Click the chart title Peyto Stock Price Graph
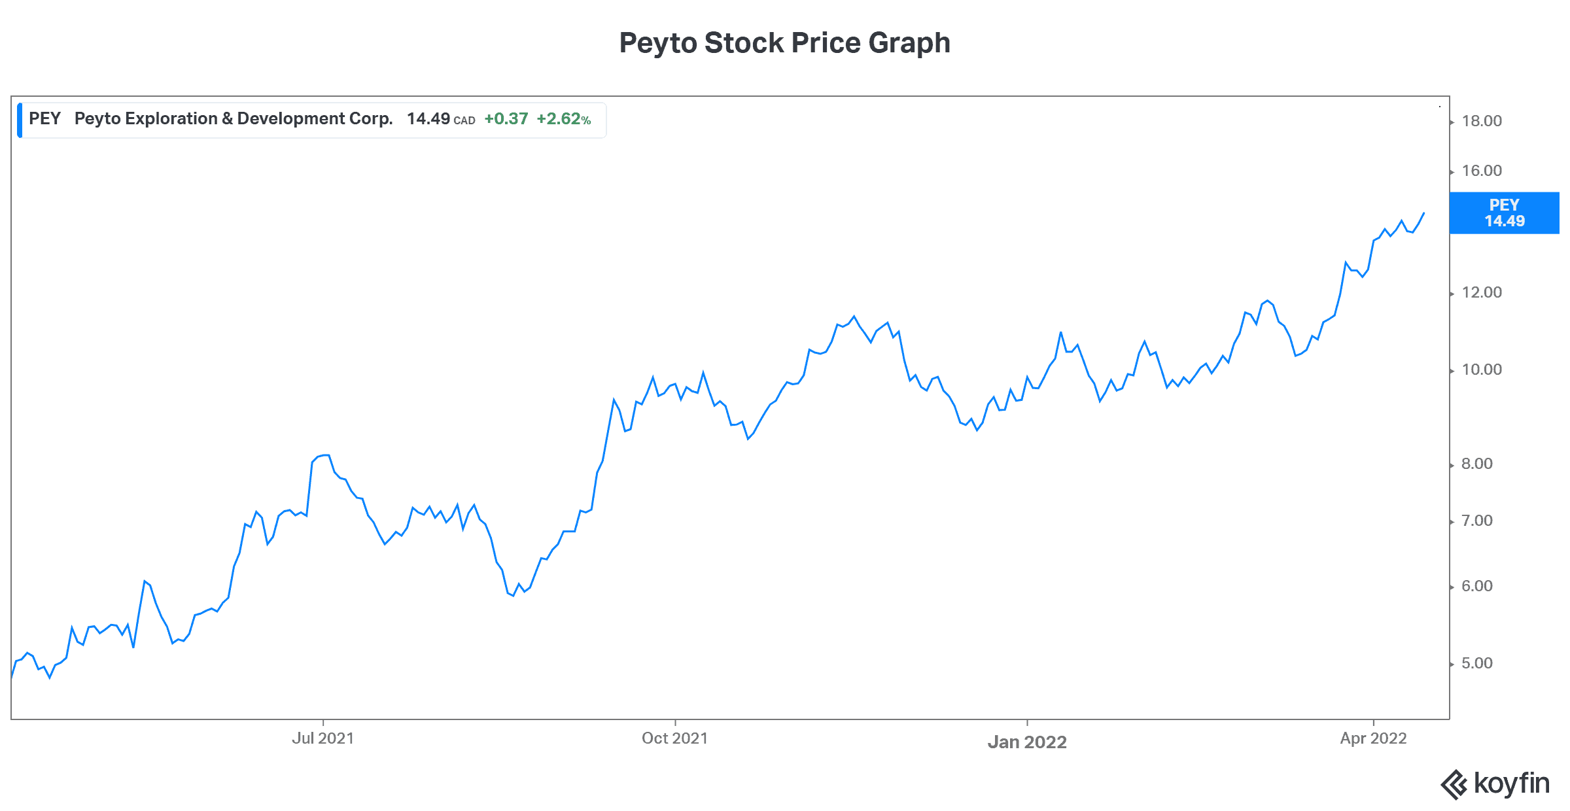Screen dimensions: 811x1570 (784, 43)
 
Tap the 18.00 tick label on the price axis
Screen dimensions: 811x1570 (1481, 121)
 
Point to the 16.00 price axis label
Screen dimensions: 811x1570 (1481, 171)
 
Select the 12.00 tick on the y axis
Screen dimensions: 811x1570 (1481, 292)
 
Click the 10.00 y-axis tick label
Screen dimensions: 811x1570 (1481, 370)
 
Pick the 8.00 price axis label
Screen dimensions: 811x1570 (1476, 464)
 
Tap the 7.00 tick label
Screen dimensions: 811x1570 (1476, 521)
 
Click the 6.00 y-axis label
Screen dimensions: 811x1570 (1476, 586)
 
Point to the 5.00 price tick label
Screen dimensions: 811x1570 (1476, 663)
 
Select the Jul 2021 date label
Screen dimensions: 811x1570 (323, 738)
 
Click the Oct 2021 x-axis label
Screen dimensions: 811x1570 (674, 738)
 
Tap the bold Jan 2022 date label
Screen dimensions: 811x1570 (1027, 742)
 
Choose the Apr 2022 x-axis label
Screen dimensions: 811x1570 (1373, 738)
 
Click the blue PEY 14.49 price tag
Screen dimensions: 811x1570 (1504, 213)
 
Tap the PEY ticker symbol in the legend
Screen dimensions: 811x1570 (44, 118)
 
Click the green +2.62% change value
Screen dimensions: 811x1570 (563, 119)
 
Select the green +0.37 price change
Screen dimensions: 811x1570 (506, 119)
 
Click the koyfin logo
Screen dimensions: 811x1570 (1495, 784)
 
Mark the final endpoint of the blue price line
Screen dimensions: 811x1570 (1423, 213)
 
